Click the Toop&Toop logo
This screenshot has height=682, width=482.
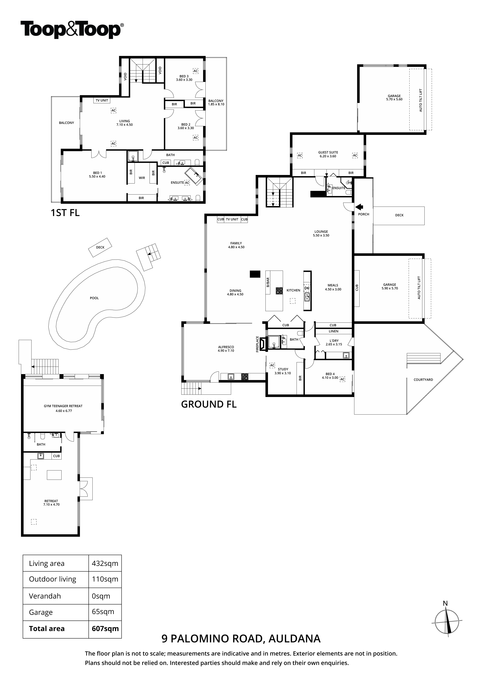tap(72, 30)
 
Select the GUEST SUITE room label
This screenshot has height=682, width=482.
tap(328, 152)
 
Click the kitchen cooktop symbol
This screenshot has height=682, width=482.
tap(279, 290)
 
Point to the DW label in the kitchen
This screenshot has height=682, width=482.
tap(307, 288)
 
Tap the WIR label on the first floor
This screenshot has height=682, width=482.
tap(142, 178)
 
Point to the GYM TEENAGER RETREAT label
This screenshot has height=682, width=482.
tap(63, 406)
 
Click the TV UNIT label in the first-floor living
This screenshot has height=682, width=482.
tap(102, 100)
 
